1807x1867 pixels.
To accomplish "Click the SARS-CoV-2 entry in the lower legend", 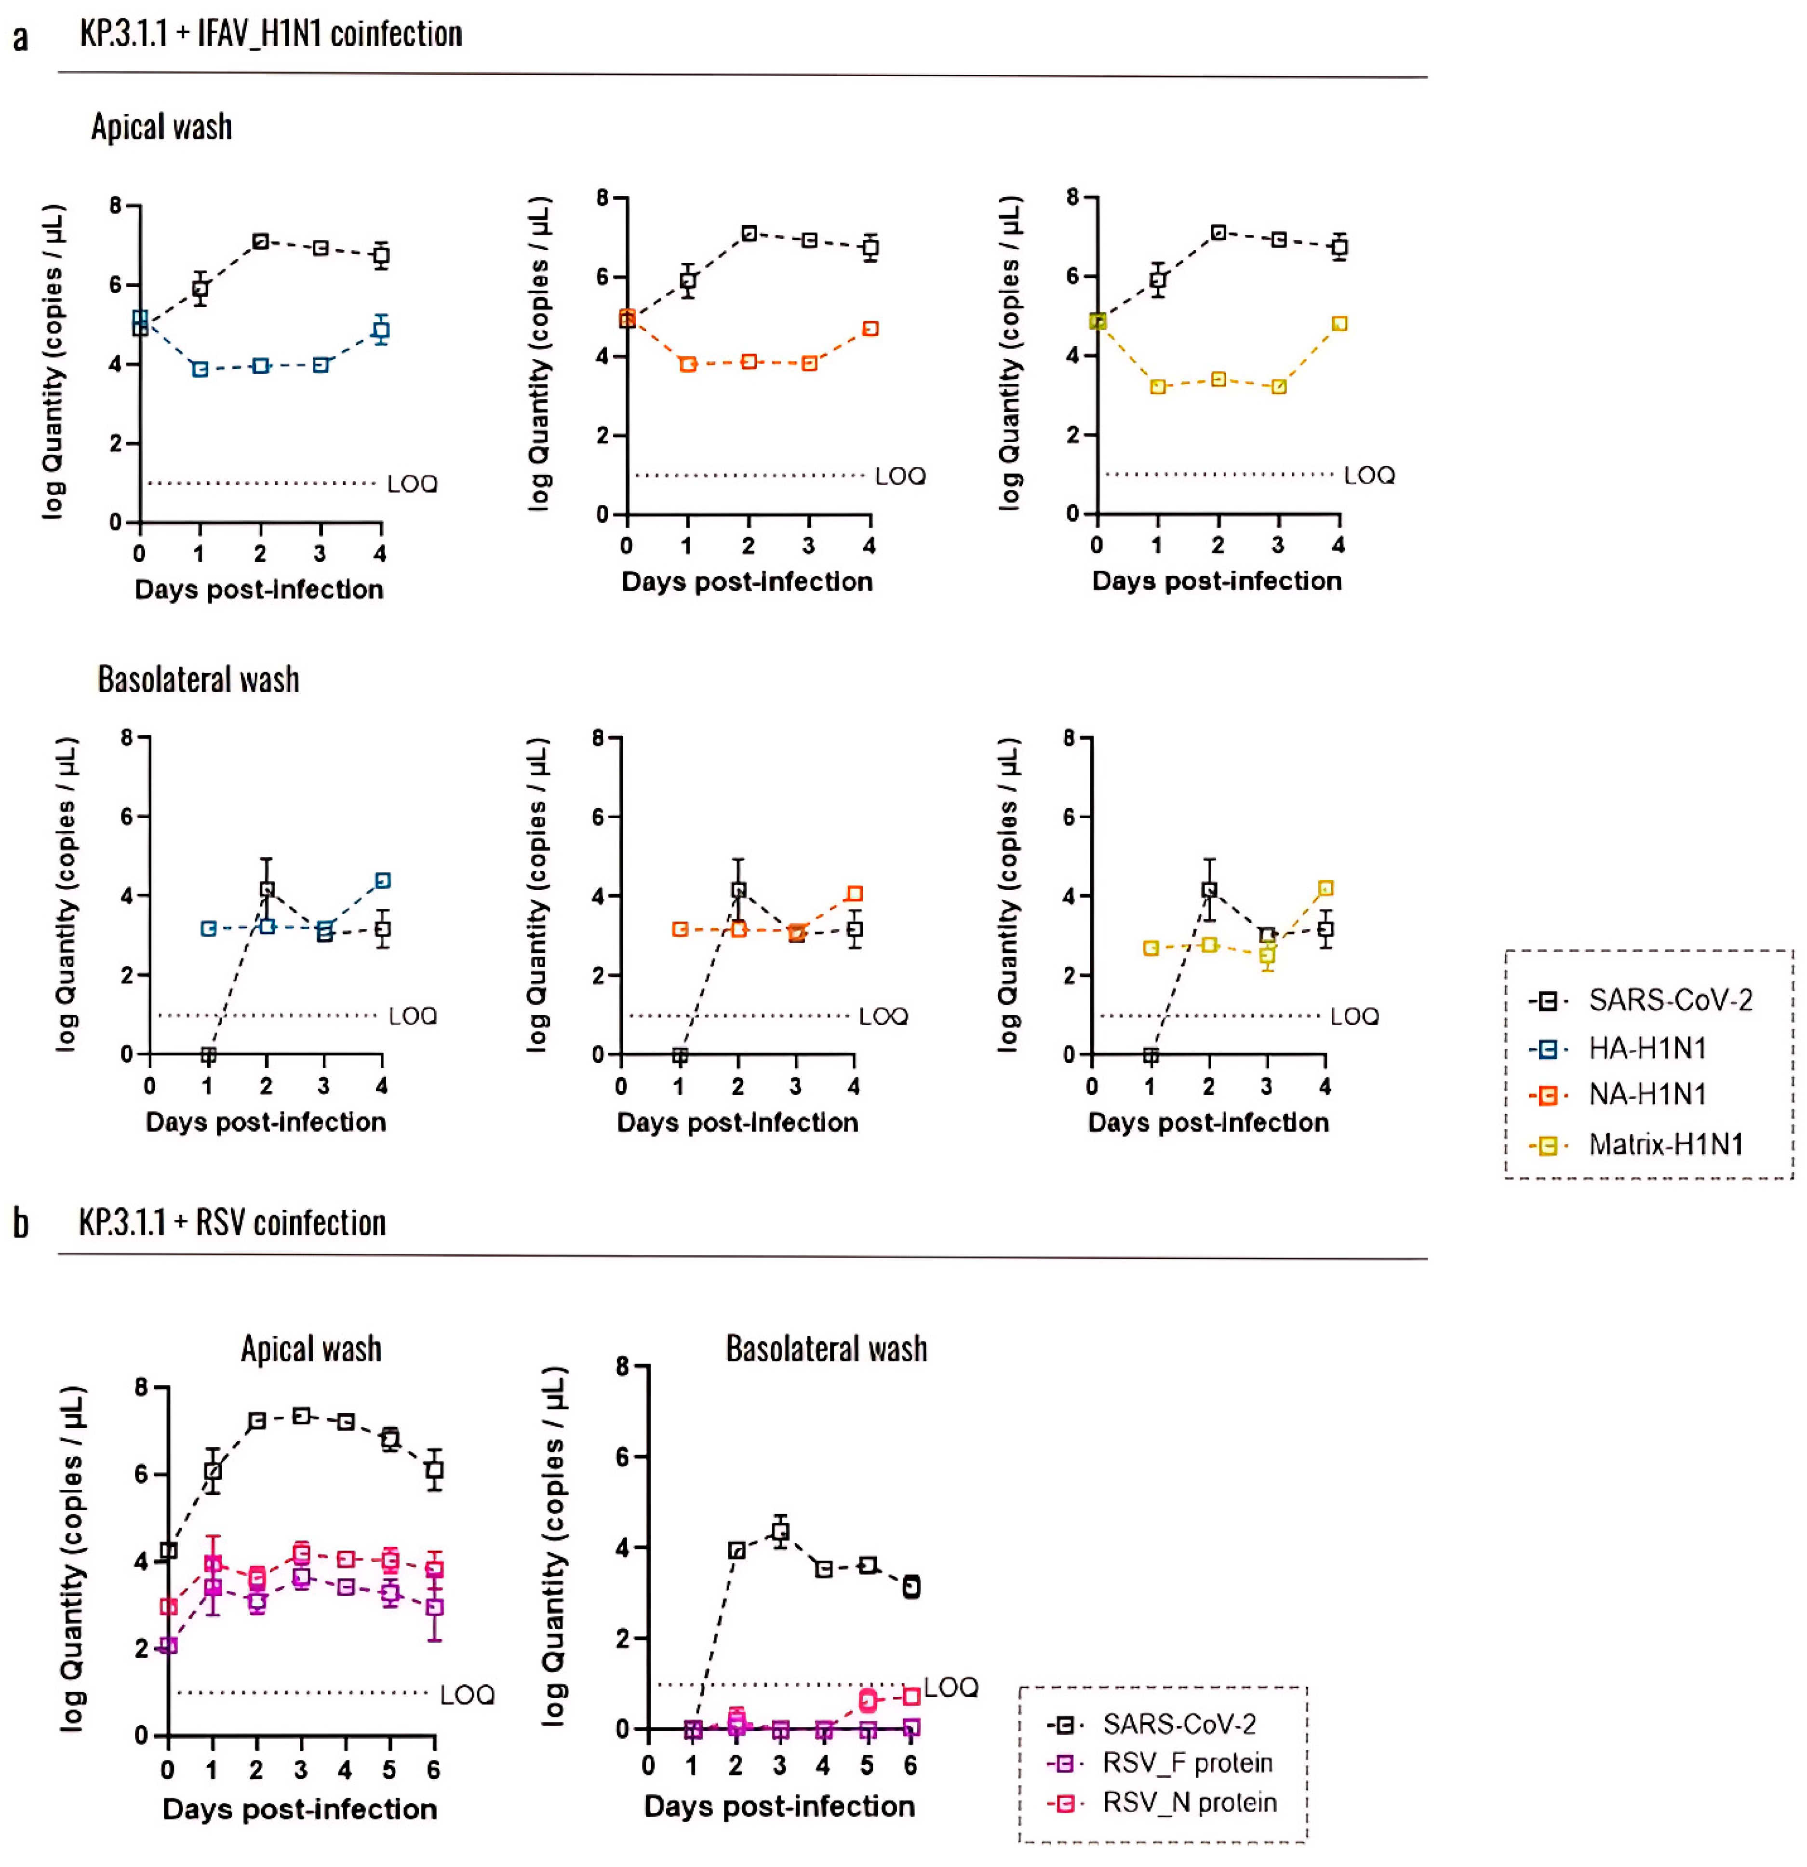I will pos(1178,1724).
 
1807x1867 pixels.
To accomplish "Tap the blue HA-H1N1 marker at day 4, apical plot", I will pos(381,331).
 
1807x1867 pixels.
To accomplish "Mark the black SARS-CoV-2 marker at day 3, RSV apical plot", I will pos(301,1417).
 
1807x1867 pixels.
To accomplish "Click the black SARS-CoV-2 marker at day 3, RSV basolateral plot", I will pos(780,1531).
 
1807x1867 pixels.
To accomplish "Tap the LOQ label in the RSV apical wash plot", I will pos(467,1694).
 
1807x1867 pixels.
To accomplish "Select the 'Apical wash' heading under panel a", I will pos(162,127).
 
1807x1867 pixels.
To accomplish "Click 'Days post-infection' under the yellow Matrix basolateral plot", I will pos(1208,1122).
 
